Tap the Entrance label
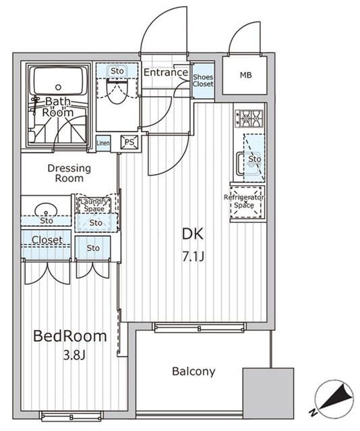[x=165, y=73]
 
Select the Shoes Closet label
[x=204, y=81]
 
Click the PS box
[x=128, y=141]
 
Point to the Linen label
[x=103, y=142]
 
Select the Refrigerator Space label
[x=244, y=201]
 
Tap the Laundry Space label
[x=94, y=205]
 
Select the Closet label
[x=47, y=240]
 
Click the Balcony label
[x=193, y=371]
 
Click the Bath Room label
[x=57, y=107]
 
